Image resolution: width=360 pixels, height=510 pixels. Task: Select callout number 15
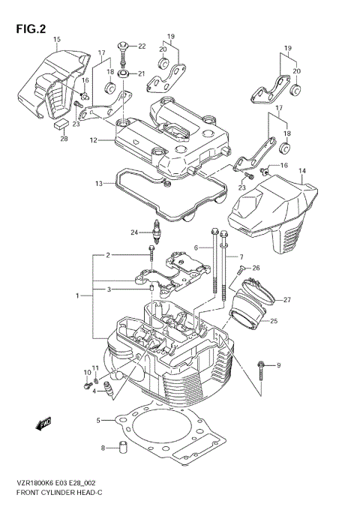pyautogui.click(x=57, y=38)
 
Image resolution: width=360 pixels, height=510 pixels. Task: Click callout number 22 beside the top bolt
pyautogui.click(x=142, y=46)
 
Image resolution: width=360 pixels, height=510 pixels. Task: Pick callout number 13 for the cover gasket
pyautogui.click(x=99, y=183)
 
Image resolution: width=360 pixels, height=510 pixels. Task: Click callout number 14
pyautogui.click(x=302, y=171)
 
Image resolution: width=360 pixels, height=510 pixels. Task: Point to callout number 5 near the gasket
pyautogui.click(x=98, y=420)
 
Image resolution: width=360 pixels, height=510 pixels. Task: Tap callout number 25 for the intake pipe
pyautogui.click(x=274, y=322)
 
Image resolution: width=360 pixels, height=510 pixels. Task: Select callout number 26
pyautogui.click(x=256, y=268)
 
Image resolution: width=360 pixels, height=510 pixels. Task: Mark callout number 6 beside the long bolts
pyautogui.click(x=196, y=247)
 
